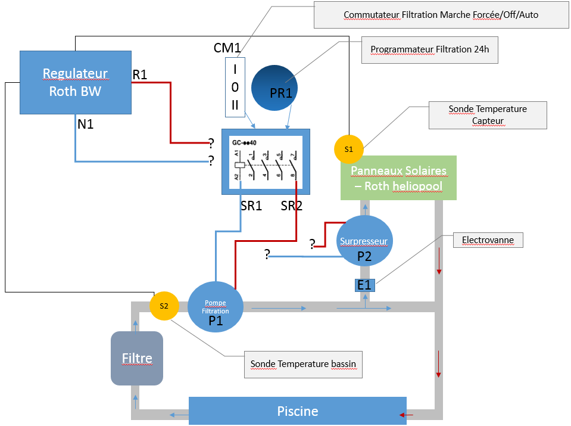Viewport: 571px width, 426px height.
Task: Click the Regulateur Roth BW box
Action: point(75,82)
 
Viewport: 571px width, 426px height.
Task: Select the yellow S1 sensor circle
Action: point(348,150)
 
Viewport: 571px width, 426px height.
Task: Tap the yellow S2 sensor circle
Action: point(164,306)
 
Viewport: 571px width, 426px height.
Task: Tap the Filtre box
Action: point(137,358)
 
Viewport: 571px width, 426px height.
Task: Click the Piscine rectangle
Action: point(297,411)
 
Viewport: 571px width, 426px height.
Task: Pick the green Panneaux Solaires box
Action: point(398,178)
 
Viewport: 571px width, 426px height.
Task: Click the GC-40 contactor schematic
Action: point(266,161)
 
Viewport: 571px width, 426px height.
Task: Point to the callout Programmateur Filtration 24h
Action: point(429,49)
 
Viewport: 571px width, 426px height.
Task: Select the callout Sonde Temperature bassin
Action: point(303,364)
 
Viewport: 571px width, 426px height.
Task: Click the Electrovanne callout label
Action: point(488,241)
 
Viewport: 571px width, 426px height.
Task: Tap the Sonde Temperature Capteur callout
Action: point(487,115)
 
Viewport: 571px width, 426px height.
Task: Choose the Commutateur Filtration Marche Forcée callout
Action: point(441,14)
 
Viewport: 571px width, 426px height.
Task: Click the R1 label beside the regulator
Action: point(139,74)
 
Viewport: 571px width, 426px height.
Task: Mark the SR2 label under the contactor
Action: point(292,206)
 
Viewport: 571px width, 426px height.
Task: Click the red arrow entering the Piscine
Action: point(407,415)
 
